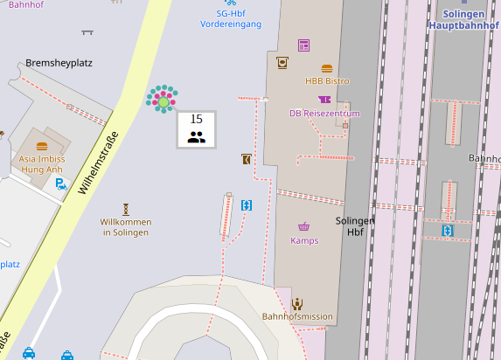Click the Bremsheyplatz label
coord(59,63)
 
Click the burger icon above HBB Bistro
coord(327,68)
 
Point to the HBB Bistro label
coord(327,81)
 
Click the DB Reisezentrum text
coord(325,114)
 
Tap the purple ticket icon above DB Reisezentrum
coord(324,100)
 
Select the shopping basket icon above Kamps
coord(303,226)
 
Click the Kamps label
coord(304,240)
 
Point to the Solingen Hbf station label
coord(355,227)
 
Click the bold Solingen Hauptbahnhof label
coord(463,20)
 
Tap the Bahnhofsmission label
coord(297,316)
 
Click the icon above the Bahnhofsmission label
coord(297,303)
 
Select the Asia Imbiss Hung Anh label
coord(42,165)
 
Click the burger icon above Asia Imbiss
coord(42,146)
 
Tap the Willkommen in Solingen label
coord(126,227)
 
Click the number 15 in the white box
coord(196,119)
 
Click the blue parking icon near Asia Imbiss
coord(60,183)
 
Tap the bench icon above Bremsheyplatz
coord(87,32)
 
